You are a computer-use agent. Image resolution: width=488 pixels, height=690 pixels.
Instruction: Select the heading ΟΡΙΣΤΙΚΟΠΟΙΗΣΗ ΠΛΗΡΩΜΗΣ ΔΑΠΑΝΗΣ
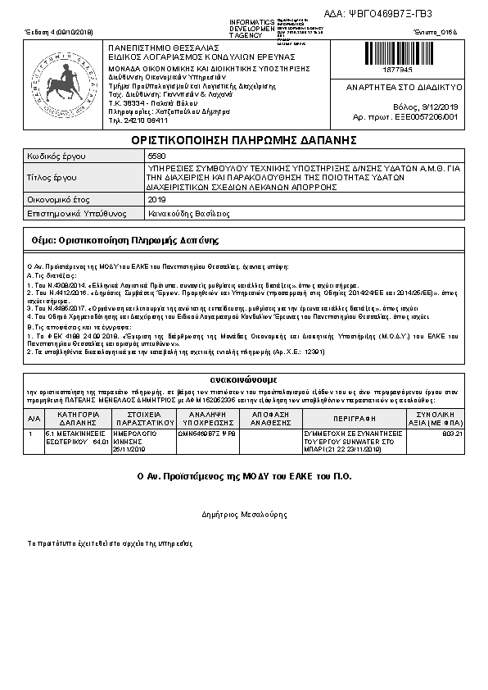click(x=245, y=140)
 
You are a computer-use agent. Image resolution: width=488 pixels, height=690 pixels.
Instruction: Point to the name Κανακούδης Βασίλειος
click(x=189, y=212)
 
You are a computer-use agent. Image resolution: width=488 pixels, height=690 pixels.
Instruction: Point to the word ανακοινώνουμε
click(x=244, y=379)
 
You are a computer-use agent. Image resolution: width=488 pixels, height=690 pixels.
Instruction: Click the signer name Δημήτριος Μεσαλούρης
click(x=244, y=515)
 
